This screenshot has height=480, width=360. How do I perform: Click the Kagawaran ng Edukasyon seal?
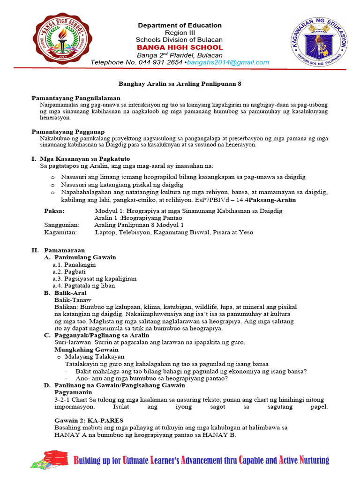[x=318, y=42]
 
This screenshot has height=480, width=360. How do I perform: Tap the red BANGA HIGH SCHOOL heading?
[x=180, y=47]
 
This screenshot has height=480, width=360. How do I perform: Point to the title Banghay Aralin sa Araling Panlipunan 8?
[x=180, y=82]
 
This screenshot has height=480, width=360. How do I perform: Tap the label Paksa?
[x=55, y=211]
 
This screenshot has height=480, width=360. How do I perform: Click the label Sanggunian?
[x=61, y=225]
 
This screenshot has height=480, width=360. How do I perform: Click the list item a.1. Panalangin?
[x=74, y=264]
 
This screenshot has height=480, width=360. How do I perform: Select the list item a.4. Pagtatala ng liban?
[x=83, y=285]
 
